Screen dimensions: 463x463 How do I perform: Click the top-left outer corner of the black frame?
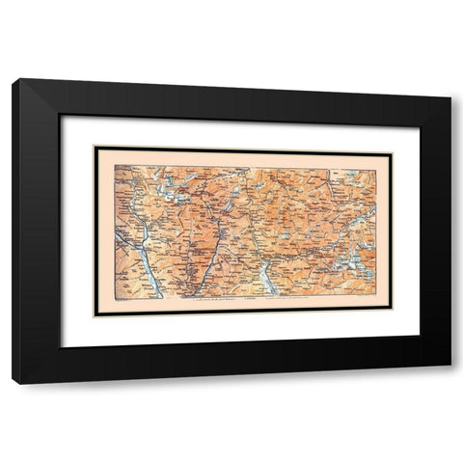pyautogui.click(x=13, y=79)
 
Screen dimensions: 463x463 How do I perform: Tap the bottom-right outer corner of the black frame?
pyautogui.click(x=450, y=383)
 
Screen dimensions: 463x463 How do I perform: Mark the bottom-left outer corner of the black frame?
pyautogui.click(x=13, y=383)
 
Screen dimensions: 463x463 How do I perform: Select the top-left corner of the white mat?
pyautogui.click(x=62, y=116)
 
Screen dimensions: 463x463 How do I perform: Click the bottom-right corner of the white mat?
pyautogui.click(x=420, y=347)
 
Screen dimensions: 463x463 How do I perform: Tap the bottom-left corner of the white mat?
pyautogui.click(x=62, y=347)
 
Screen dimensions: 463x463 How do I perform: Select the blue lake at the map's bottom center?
pyautogui.click(x=268, y=280)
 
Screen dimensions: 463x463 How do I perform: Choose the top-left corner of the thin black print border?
pyautogui.click(x=94, y=147)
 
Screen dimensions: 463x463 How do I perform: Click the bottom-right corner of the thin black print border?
pyautogui.click(x=392, y=315)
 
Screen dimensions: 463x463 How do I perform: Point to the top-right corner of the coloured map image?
pyautogui.click(x=376, y=167)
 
